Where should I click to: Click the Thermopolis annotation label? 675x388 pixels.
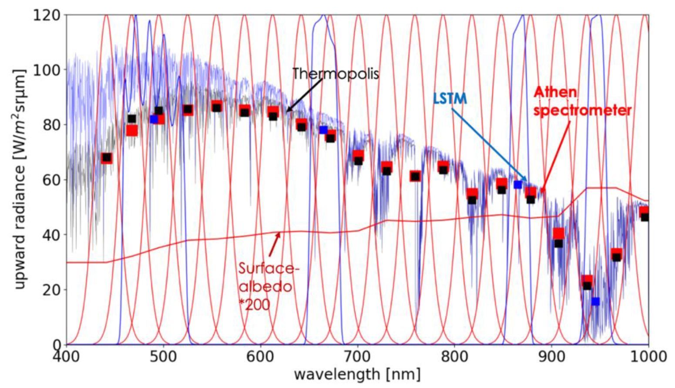point(335,74)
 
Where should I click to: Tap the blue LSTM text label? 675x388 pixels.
point(450,99)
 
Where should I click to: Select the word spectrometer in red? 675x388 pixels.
point(582,110)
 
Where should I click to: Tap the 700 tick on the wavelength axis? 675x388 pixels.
point(357,357)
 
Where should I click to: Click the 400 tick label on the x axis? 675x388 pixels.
point(66,357)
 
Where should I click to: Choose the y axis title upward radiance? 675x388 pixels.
point(20,178)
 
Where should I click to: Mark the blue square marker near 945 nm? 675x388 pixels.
point(595,301)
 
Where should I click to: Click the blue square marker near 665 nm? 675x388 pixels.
point(323,130)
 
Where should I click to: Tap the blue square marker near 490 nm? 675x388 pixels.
point(154,119)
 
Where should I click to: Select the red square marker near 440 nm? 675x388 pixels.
point(106,158)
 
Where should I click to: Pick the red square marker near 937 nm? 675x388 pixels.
point(587,281)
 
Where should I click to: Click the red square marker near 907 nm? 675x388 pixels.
point(558,234)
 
